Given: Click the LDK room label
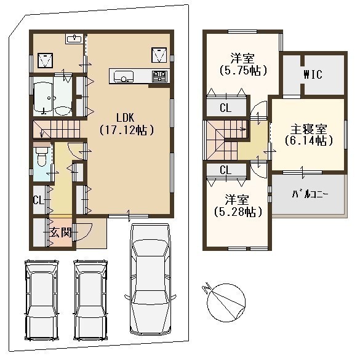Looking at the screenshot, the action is (125, 118).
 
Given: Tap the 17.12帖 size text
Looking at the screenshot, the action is (126, 130).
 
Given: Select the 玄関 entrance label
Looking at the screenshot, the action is (60, 232).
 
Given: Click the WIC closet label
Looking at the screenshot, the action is (313, 74).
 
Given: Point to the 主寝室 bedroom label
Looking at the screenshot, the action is (309, 130).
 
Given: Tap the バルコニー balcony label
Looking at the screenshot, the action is (310, 195).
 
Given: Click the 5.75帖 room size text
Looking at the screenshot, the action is (243, 70).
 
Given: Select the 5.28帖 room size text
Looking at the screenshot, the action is (238, 212).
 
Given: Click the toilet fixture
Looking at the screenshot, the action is (42, 156).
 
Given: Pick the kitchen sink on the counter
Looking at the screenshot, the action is (124, 76).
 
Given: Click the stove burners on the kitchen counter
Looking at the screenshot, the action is (159, 76).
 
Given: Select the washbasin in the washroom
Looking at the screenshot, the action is (74, 39).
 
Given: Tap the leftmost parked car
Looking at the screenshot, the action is (42, 300).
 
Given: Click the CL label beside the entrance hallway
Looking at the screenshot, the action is (39, 200).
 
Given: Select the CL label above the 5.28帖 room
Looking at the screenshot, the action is (225, 170).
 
